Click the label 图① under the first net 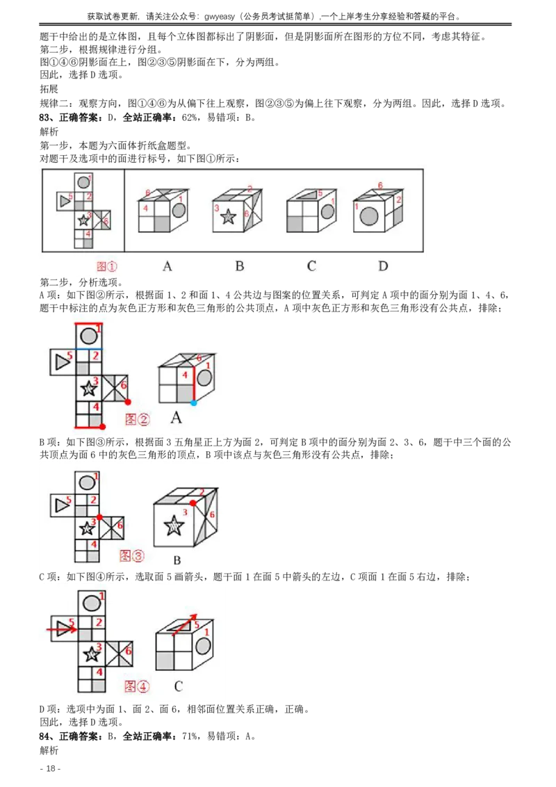(107, 266)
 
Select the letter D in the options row (383, 266)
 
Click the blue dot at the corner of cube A (193, 403)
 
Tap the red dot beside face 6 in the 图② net (128, 402)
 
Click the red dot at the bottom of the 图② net (102, 427)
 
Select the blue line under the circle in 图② (88, 348)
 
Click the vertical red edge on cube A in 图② (193, 383)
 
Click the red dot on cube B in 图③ (193, 502)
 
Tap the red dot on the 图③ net (100, 517)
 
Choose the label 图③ (131, 555)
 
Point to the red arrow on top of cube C (184, 624)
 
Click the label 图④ (136, 686)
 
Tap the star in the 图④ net (90, 654)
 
